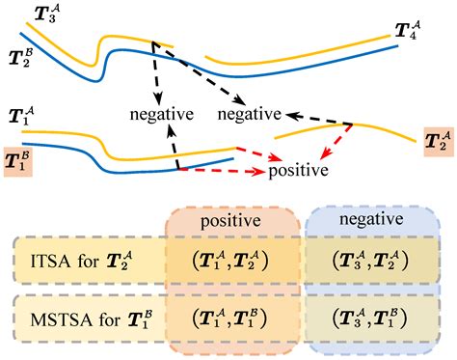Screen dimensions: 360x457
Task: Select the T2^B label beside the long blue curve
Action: (21, 55)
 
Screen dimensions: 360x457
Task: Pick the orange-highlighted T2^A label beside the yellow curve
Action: (437, 142)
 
